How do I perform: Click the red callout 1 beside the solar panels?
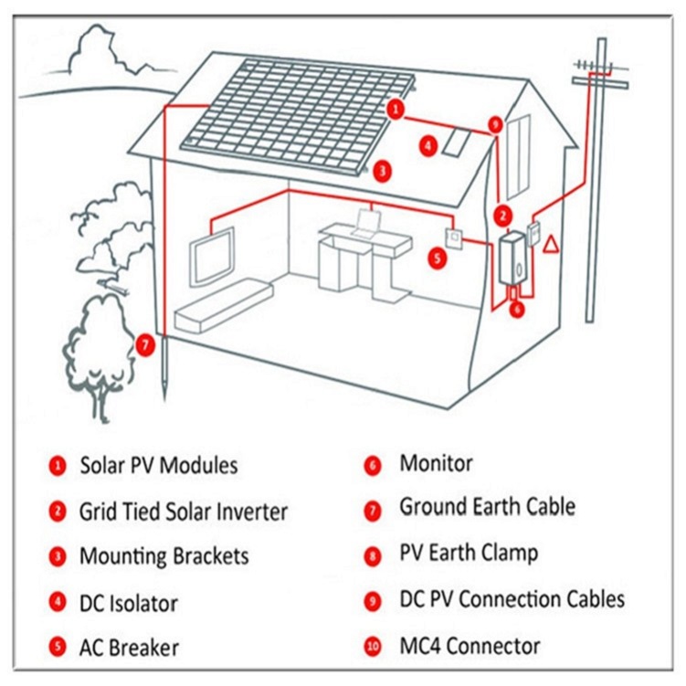(396, 109)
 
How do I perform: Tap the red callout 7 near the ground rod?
(145, 345)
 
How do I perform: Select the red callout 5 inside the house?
(438, 259)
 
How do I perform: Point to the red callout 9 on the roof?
(495, 125)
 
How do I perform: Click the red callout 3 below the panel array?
(383, 171)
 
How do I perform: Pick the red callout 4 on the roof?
(428, 146)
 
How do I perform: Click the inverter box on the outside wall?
(512, 259)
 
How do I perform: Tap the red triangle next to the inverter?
(551, 244)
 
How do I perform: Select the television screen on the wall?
(212, 257)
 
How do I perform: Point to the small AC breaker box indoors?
(455, 238)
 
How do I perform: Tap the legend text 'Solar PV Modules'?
(159, 465)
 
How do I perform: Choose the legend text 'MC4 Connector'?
(470, 646)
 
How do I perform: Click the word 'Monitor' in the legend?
(437, 463)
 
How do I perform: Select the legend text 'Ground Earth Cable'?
(488, 507)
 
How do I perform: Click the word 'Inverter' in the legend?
(252, 512)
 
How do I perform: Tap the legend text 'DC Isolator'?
(129, 603)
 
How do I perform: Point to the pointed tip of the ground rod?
(165, 399)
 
